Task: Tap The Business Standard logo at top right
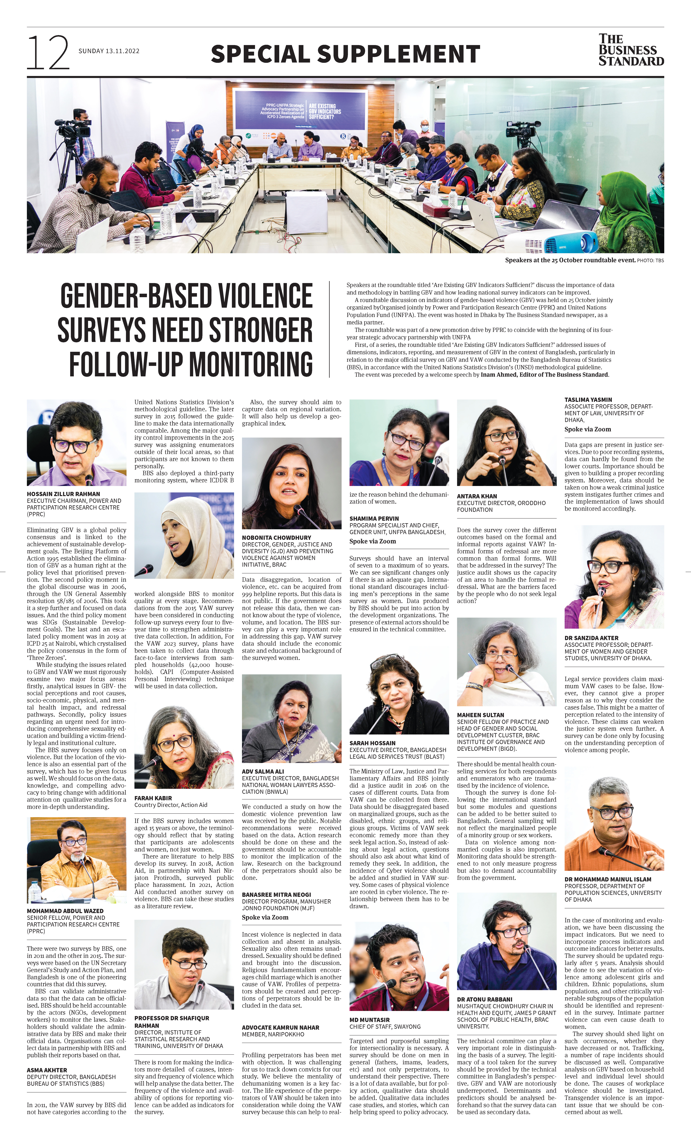pyautogui.click(x=631, y=50)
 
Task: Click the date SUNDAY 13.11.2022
pyautogui.click(x=109, y=51)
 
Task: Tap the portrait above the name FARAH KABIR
pyautogui.click(x=184, y=747)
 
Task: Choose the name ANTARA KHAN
pyautogui.click(x=477, y=496)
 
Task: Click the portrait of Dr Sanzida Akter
pyautogui.click(x=614, y=577)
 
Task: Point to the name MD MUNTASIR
pyautogui.click(x=370, y=1020)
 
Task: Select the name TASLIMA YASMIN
pyautogui.click(x=588, y=399)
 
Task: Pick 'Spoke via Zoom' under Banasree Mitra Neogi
pyautogui.click(x=265, y=917)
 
